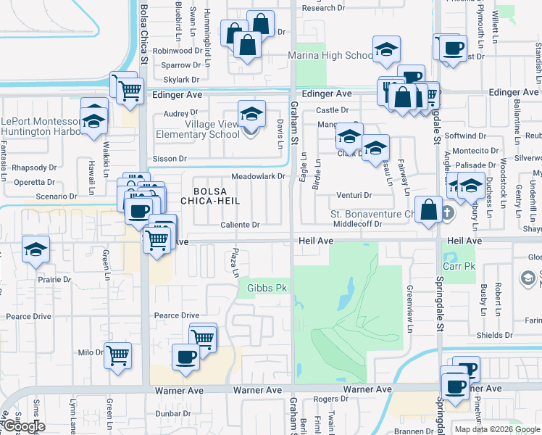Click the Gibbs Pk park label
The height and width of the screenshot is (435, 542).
[x=268, y=289]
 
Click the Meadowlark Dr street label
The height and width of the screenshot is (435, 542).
[x=257, y=176]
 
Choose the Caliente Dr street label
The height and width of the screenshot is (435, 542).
[x=241, y=225]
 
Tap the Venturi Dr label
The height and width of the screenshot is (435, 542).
[x=354, y=195]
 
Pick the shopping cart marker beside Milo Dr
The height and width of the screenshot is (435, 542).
[x=117, y=355]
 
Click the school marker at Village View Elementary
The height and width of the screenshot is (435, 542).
[x=251, y=114]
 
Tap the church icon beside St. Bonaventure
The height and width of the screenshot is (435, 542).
[x=447, y=213]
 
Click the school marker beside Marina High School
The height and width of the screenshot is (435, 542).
[x=386, y=50]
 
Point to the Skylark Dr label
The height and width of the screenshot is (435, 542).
[x=181, y=80]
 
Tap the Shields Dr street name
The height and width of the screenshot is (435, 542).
[x=495, y=335]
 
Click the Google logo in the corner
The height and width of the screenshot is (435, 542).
[x=23, y=426]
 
